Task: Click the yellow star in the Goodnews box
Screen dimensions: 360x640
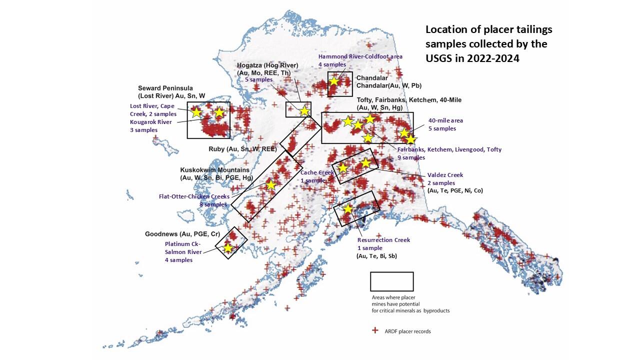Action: (x=228, y=248)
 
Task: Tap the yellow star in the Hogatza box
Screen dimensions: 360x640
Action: (x=304, y=111)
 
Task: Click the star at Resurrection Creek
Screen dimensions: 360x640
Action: (x=347, y=209)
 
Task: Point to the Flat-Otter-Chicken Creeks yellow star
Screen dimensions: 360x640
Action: (x=270, y=185)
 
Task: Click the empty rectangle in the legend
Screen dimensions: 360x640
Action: (x=391, y=281)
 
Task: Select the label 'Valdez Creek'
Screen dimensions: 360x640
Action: (x=445, y=175)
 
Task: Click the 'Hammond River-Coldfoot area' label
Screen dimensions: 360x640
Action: (x=360, y=56)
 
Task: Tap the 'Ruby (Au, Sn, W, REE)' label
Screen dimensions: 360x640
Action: (x=242, y=149)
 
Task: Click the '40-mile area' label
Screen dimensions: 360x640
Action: (x=445, y=120)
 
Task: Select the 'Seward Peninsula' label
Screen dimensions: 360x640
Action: (x=165, y=88)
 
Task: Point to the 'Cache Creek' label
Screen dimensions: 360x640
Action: (x=317, y=172)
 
